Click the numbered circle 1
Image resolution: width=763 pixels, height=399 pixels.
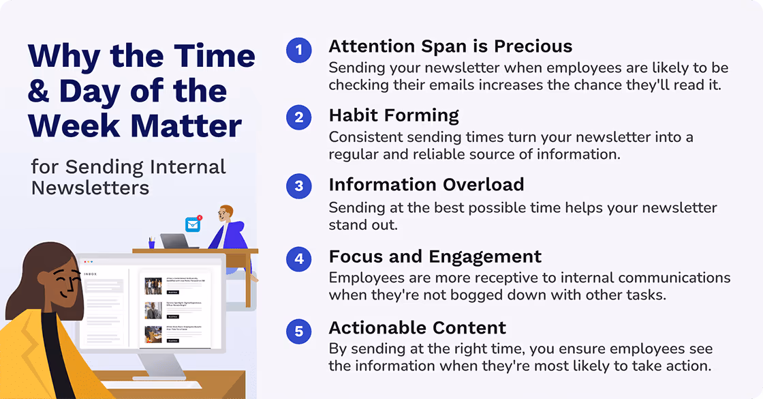(x=298, y=50)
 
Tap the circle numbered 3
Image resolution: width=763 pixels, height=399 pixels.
(x=298, y=187)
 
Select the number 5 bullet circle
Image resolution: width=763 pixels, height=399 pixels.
(x=298, y=332)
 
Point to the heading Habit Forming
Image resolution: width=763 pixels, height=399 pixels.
(x=394, y=115)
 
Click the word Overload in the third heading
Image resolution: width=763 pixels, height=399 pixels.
(x=484, y=185)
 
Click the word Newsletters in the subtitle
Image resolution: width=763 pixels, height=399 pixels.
(x=90, y=187)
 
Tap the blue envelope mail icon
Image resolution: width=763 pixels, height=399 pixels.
(x=193, y=224)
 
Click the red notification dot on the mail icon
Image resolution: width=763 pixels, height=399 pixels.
(x=199, y=218)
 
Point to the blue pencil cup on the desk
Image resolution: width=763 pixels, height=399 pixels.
(x=152, y=243)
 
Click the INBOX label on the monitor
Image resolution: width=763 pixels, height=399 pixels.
(x=91, y=274)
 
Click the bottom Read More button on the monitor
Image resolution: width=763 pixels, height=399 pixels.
(x=172, y=340)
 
